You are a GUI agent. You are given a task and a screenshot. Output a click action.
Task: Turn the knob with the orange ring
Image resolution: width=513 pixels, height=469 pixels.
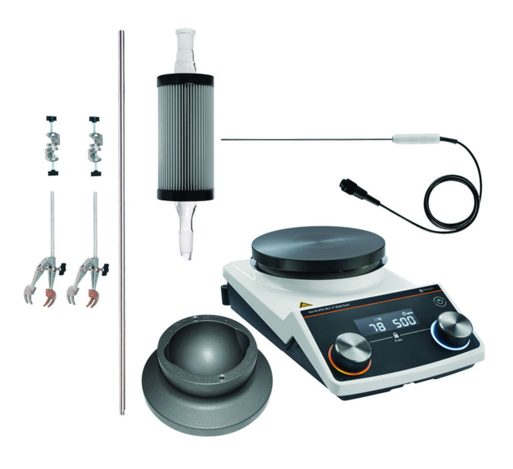353,351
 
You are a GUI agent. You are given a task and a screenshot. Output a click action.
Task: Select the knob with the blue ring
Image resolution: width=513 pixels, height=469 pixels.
455,327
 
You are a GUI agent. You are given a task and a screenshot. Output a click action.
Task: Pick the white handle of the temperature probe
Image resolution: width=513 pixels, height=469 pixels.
416,139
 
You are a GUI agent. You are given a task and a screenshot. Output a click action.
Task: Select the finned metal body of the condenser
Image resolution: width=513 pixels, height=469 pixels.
185,137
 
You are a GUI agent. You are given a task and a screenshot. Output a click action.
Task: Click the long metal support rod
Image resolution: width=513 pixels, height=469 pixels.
122,221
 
